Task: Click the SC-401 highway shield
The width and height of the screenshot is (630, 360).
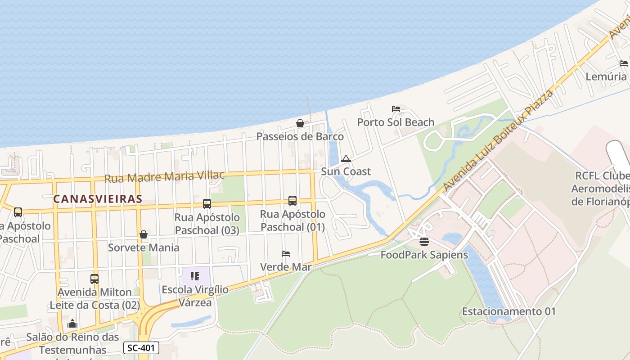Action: tap(141, 348)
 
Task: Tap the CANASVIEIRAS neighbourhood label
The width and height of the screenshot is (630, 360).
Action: tap(98, 198)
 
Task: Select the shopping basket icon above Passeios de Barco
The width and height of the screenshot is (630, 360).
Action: tap(300, 123)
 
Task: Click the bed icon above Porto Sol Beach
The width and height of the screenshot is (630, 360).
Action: tap(396, 109)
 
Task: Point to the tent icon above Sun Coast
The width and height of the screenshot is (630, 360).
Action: tap(346, 158)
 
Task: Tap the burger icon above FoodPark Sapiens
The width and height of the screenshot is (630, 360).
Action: tap(424, 242)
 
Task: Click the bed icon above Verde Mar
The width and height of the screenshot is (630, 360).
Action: tap(286, 254)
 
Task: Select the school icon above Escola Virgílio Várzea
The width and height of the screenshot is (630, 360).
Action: tap(195, 276)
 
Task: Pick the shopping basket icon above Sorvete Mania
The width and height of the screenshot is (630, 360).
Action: tap(144, 234)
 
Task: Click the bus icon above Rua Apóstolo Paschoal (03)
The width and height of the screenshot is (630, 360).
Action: tap(207, 204)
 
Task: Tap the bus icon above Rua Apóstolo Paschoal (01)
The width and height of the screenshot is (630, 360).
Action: tap(292, 201)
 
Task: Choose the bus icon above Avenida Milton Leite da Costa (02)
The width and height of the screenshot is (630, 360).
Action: tap(94, 279)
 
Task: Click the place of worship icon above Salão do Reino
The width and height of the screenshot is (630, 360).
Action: tap(72, 324)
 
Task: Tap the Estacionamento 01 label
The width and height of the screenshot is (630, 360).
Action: tap(509, 311)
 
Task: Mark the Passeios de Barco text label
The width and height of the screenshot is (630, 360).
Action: tap(300, 136)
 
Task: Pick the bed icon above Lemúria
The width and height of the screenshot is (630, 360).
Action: tap(624, 63)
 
